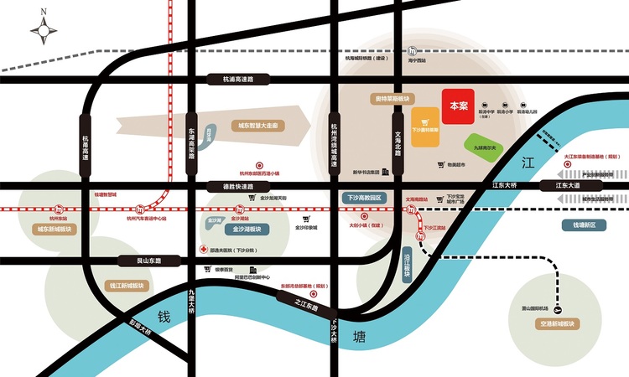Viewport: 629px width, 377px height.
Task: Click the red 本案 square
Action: [459, 106]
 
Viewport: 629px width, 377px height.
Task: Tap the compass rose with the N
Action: [44, 31]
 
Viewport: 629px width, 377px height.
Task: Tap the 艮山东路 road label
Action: [138, 261]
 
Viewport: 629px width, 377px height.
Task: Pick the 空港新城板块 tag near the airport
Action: [558, 323]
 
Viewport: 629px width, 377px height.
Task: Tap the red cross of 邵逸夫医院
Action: [203, 249]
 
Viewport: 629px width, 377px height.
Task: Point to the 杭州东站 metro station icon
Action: [59, 209]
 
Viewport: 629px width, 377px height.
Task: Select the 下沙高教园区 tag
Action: [364, 199]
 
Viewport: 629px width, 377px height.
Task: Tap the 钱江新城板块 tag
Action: [127, 286]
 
